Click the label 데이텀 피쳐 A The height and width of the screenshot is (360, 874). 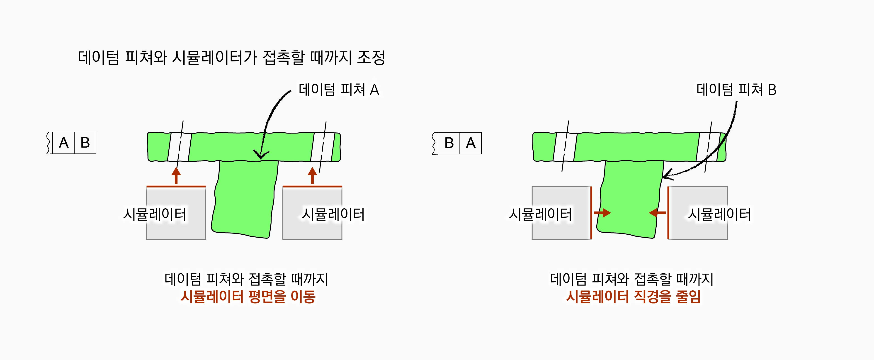[x=339, y=90]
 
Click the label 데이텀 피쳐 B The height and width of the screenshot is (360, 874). [x=736, y=90]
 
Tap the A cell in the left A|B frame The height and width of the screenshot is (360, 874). [x=63, y=143]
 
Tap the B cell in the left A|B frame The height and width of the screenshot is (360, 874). [x=85, y=143]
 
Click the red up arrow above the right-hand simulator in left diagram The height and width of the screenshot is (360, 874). [x=312, y=175]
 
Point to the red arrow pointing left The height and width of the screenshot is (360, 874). [x=657, y=213]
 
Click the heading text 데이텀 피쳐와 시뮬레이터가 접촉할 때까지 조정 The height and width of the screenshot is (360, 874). [x=231, y=57]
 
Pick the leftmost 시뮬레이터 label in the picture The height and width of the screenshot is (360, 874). [x=155, y=214]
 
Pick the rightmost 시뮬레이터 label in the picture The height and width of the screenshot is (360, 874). [x=719, y=214]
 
